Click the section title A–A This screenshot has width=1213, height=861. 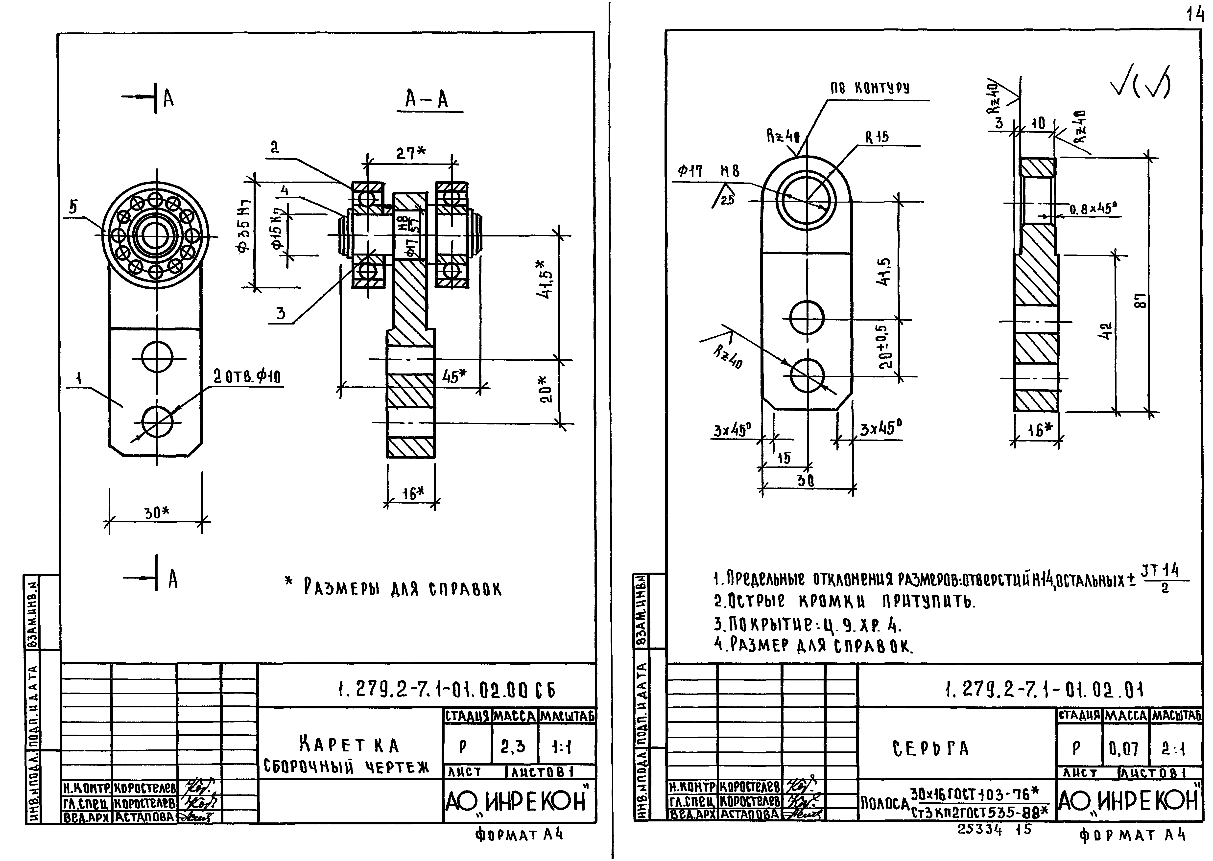pyautogui.click(x=427, y=99)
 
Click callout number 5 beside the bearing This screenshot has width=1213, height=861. pyautogui.click(x=73, y=207)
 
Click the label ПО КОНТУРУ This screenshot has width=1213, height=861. pyautogui.click(x=869, y=89)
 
